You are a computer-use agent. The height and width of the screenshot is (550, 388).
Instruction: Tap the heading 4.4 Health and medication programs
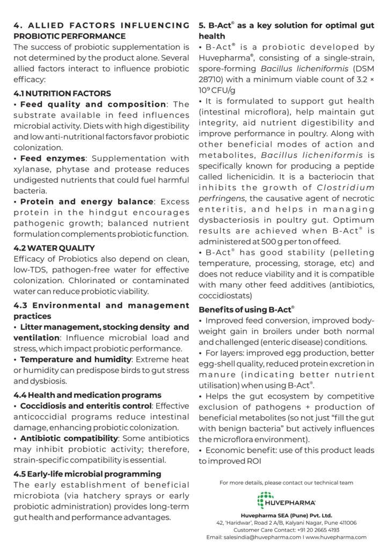click(x=87, y=395)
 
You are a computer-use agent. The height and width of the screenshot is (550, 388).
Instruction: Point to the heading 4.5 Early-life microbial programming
click(x=87, y=473)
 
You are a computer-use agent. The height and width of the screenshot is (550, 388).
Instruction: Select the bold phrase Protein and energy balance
click(x=86, y=201)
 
